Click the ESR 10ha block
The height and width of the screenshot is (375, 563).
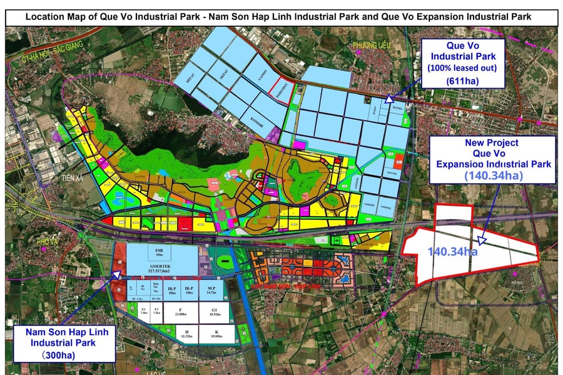(x=160, y=252)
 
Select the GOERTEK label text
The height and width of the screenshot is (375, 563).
(x=160, y=266)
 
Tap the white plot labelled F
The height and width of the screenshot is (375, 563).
(x=180, y=312)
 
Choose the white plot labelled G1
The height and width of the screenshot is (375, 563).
(x=215, y=312)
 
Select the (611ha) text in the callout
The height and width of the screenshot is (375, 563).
(x=462, y=81)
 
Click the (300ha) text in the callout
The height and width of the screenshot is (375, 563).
(x=63, y=354)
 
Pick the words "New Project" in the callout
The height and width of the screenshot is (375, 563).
(x=492, y=142)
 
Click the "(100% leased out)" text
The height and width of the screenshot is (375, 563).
(x=462, y=67)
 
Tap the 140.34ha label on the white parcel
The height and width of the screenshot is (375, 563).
(x=452, y=252)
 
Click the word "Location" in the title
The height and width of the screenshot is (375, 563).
(x=46, y=17)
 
